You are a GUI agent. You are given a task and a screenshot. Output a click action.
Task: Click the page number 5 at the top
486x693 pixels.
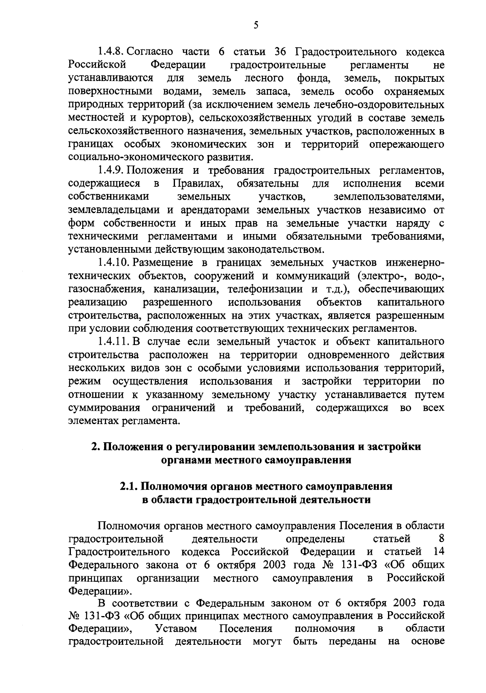pos(256,26)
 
